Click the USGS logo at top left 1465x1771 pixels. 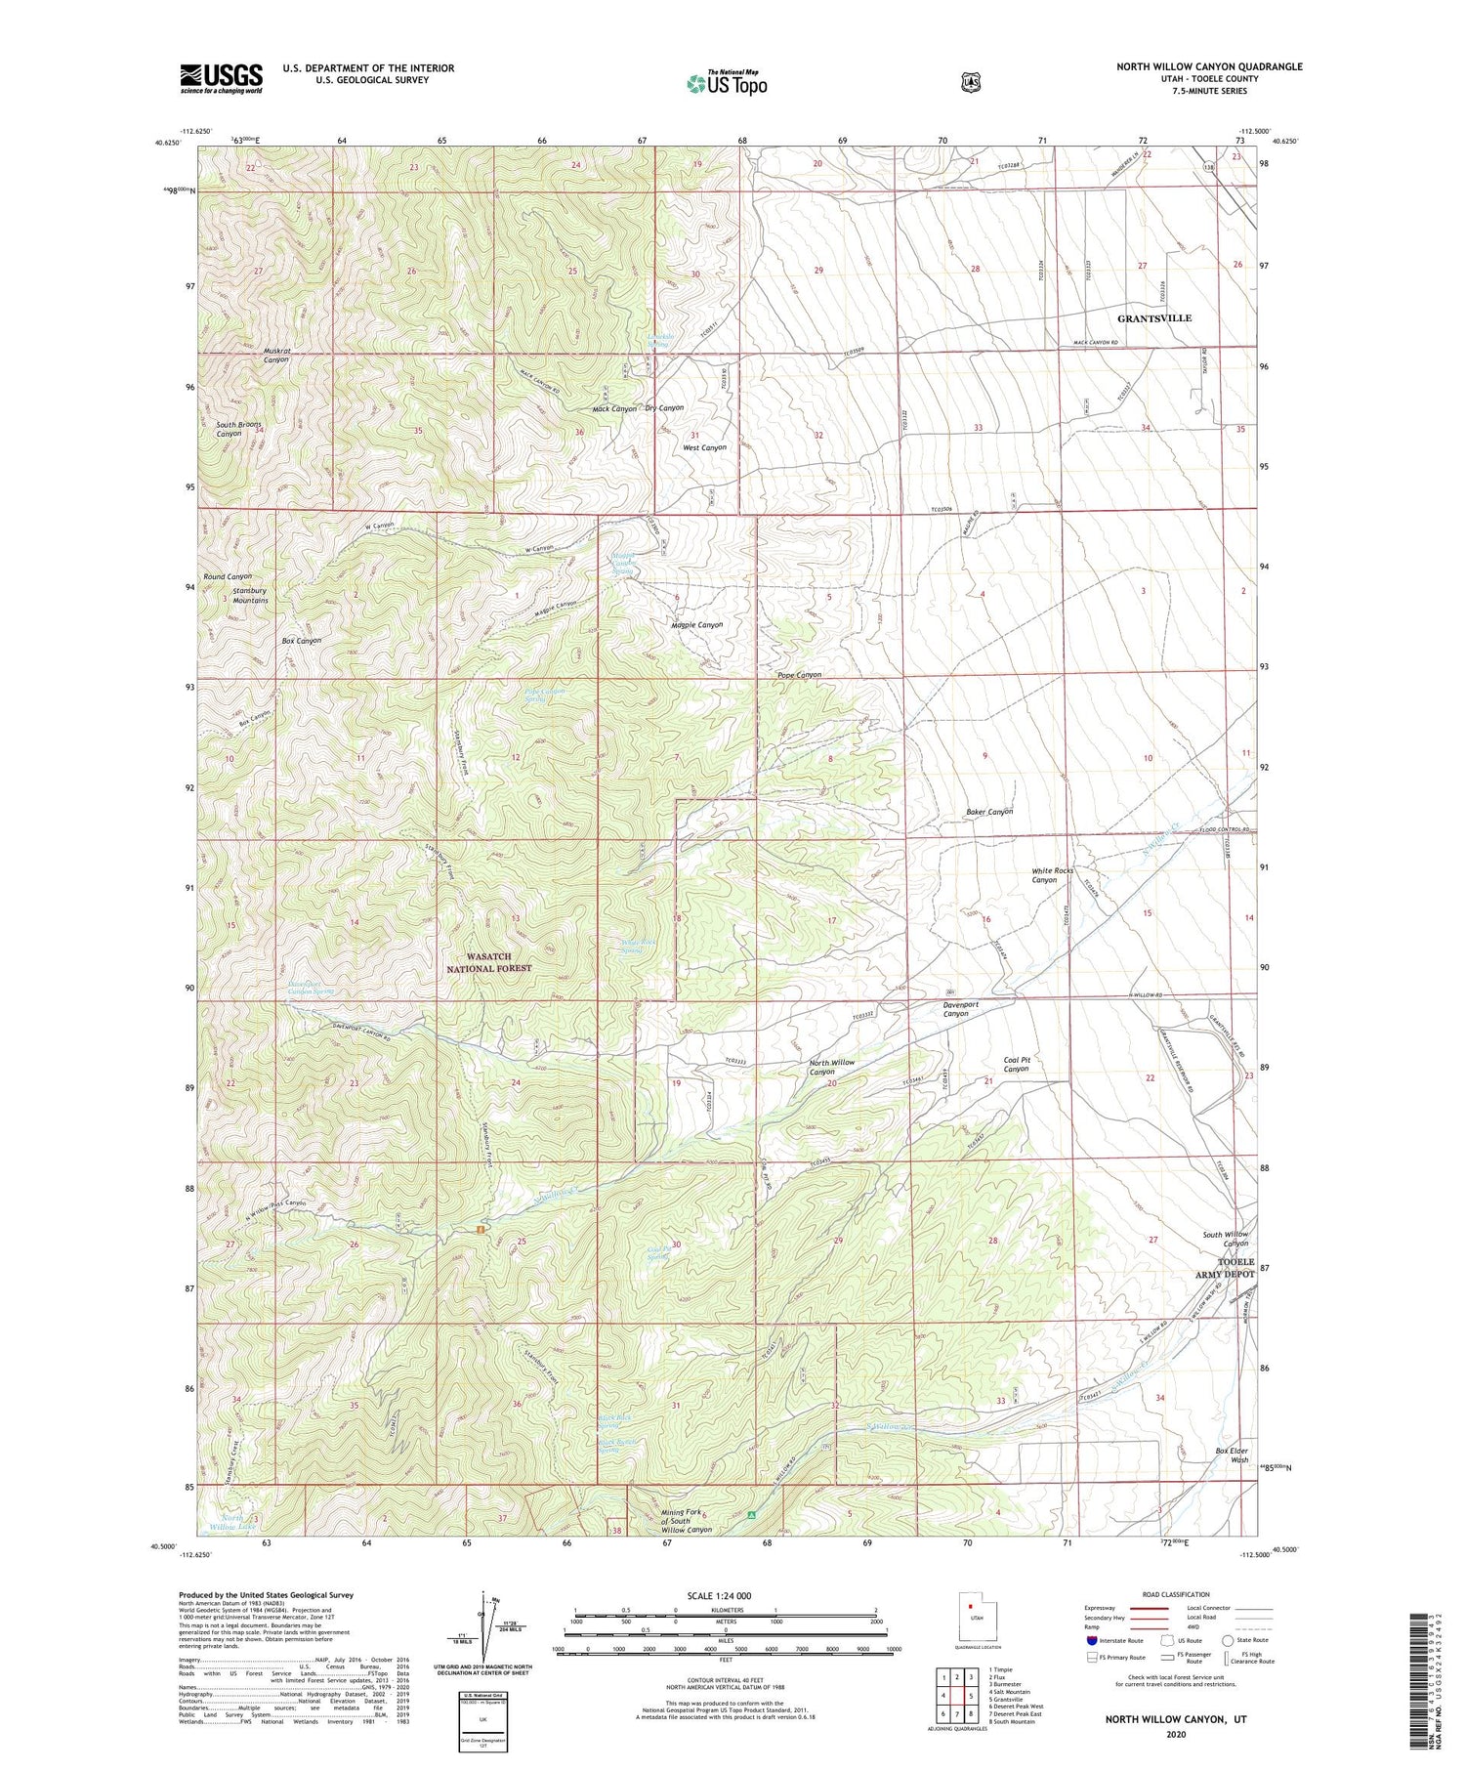point(221,78)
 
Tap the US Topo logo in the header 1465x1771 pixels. point(727,83)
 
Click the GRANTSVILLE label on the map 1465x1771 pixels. point(1154,318)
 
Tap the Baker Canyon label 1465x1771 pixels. point(988,812)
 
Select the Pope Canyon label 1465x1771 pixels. point(799,675)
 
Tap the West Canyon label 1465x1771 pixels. point(704,447)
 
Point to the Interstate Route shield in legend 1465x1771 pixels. point(1092,1640)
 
